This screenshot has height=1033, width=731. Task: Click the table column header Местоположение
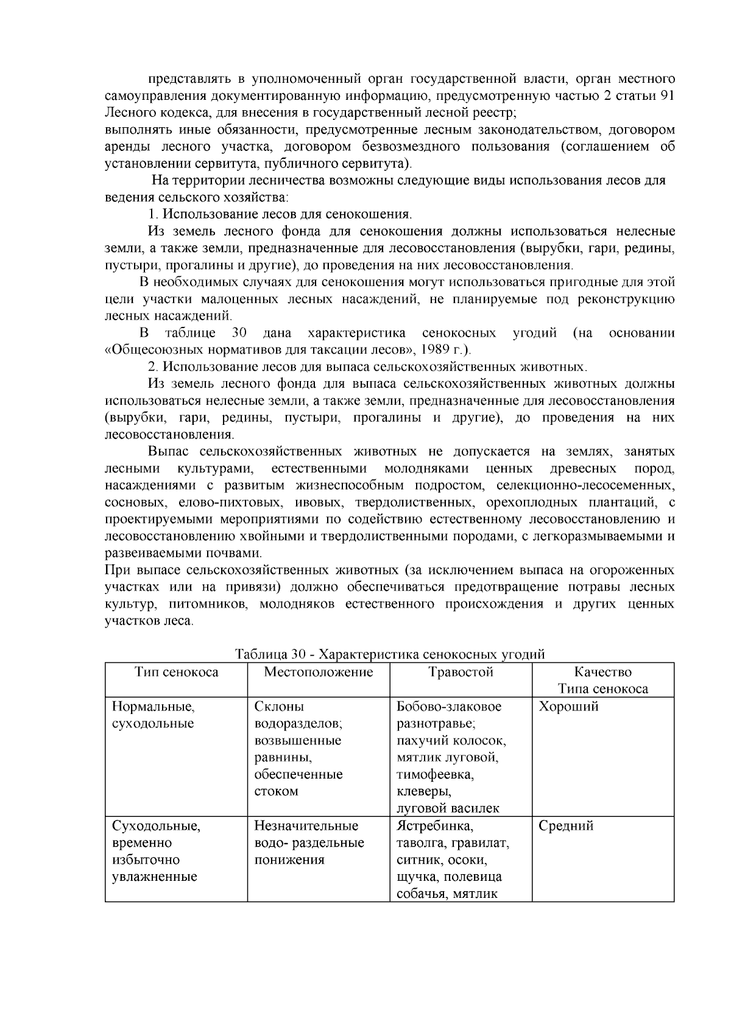pos(318,672)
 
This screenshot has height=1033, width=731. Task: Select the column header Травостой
pos(461,672)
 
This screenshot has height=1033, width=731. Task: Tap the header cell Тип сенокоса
pos(176,672)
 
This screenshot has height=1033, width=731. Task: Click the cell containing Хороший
pos(568,707)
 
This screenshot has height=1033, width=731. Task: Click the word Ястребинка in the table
pos(434,826)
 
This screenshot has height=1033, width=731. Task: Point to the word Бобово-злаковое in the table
pos(449,707)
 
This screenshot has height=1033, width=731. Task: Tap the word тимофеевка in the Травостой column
pos(435,775)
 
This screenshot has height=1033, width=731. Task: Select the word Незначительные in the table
pos(306,826)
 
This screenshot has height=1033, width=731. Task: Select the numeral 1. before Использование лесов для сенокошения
pos(154,214)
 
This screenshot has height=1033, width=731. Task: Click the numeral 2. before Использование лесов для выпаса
pos(154,367)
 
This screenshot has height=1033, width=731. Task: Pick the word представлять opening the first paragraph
pos(189,79)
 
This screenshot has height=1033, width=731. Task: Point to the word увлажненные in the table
pos(155,877)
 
